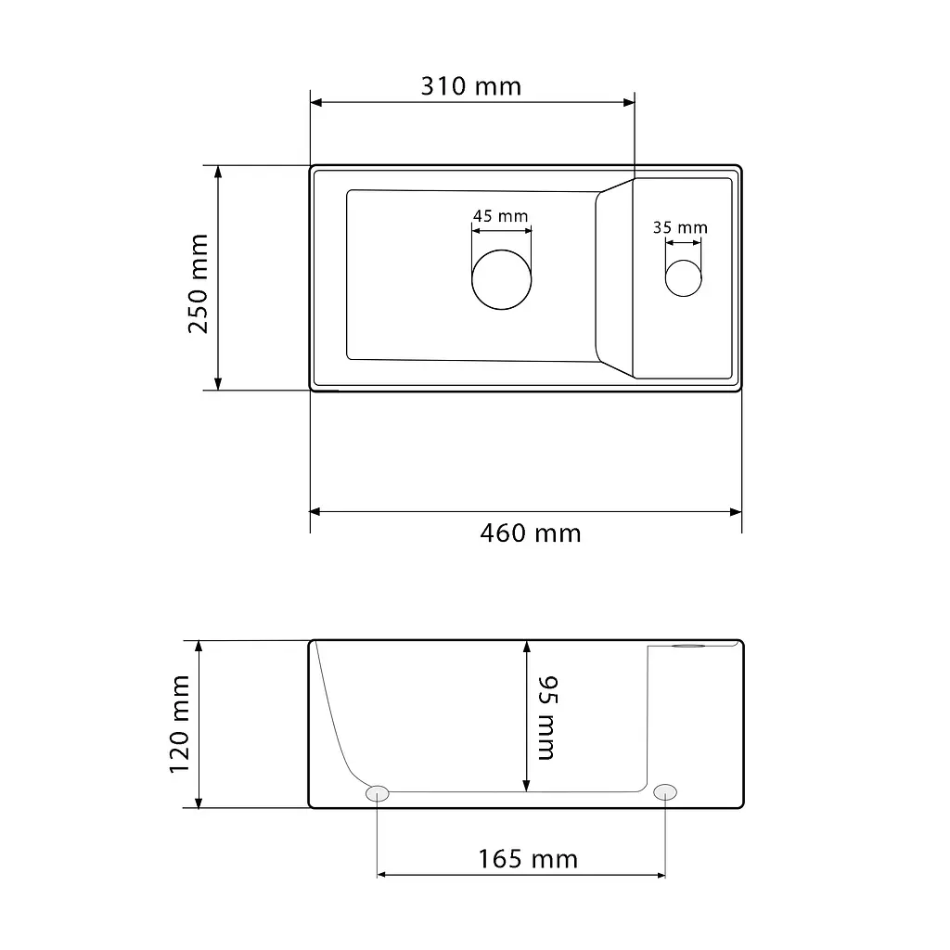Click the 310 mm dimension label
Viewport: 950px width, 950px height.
[x=470, y=86]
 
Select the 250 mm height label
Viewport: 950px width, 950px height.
[x=199, y=284]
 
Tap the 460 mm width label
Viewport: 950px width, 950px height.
[x=530, y=533]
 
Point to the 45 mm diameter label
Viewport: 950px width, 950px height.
[x=500, y=215]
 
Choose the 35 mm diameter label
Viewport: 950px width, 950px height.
[x=680, y=228]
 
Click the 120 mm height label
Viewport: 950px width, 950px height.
[x=179, y=724]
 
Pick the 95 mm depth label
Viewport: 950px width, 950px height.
[x=547, y=717]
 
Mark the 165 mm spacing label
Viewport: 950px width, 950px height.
[x=528, y=859]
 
